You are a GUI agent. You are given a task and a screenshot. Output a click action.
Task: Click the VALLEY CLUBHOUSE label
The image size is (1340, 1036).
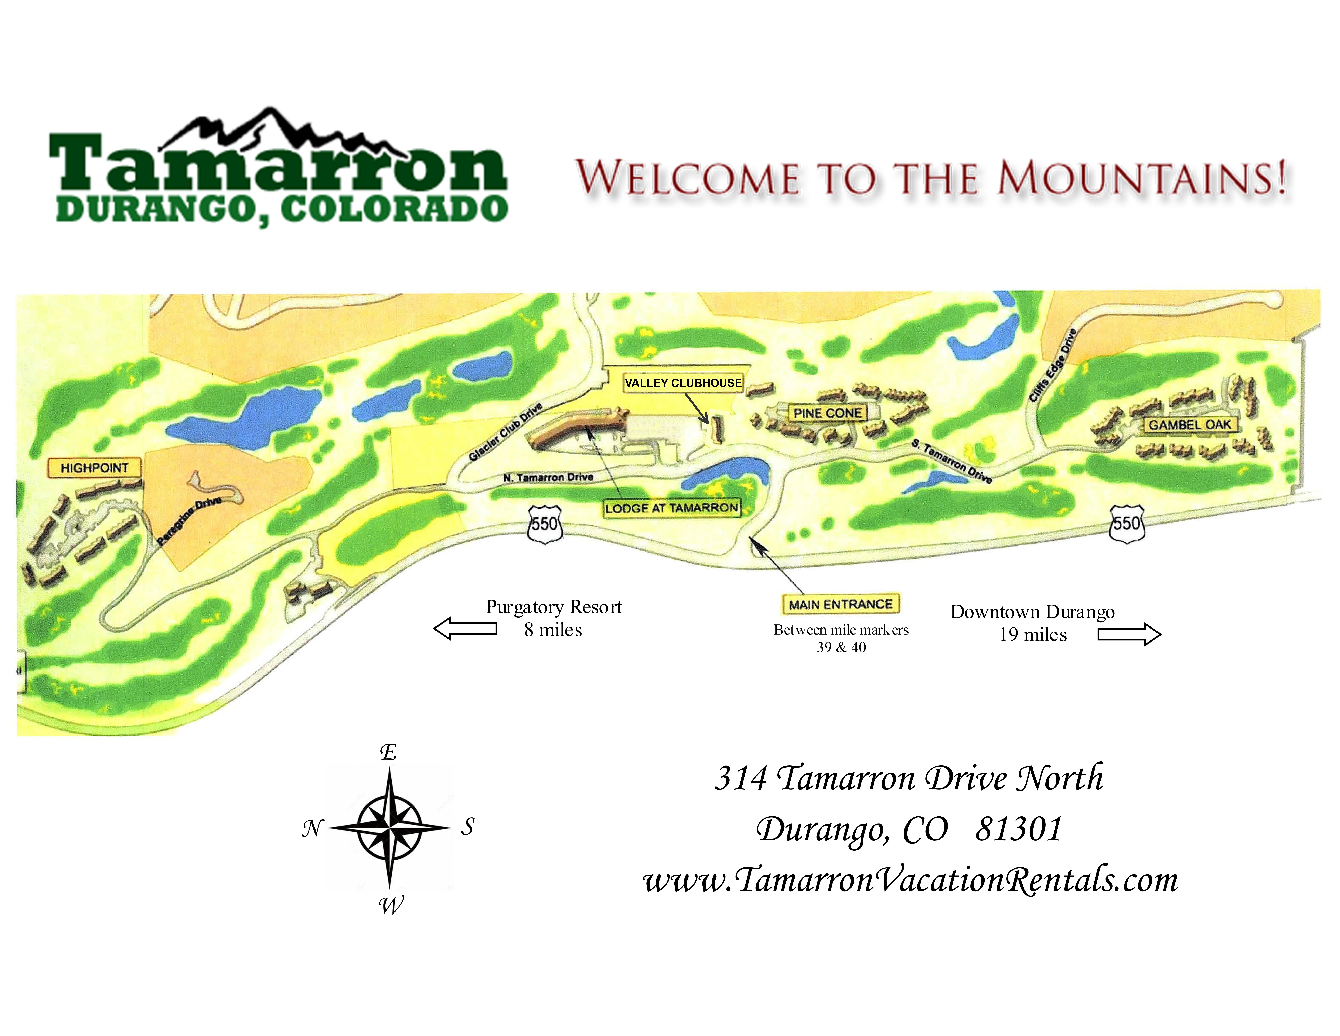tap(683, 383)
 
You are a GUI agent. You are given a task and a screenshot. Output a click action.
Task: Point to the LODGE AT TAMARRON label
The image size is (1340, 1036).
tap(671, 508)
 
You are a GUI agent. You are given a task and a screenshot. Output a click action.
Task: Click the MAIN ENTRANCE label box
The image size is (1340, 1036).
tap(840, 605)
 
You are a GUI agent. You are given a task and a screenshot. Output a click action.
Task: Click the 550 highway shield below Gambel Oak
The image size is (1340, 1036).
tap(1127, 523)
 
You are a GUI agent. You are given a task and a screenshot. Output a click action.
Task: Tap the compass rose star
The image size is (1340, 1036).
tap(390, 827)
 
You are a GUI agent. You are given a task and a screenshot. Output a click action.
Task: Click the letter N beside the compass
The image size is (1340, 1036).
tap(312, 829)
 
